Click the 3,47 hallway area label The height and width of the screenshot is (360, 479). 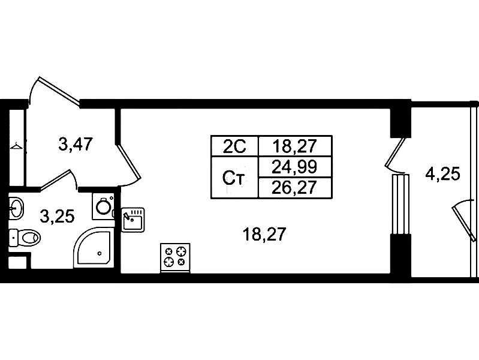pos(76,145)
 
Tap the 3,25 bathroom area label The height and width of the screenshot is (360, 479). pos(57,217)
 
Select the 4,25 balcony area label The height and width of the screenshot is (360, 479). pos(442,175)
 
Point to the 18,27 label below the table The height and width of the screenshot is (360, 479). pos(264,235)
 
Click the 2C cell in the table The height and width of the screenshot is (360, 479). pos(234,146)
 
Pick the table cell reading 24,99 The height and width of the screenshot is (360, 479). pos(295,167)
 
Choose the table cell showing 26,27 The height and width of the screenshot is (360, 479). pos(295,188)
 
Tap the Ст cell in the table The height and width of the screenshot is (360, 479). pos(234,178)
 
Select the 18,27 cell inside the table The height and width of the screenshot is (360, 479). pos(295,146)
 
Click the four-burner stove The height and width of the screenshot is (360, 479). pos(175,258)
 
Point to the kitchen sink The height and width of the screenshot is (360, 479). pos(133,220)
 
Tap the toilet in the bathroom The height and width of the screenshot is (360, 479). pos(25,238)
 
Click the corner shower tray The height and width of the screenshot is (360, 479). pos(93,248)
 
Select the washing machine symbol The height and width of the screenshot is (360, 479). pos(103,206)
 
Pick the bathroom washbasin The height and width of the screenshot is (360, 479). pos(16,208)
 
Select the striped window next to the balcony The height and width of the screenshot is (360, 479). pos(400,205)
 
